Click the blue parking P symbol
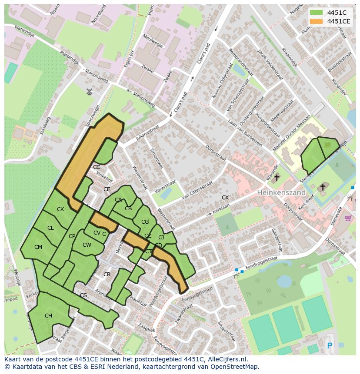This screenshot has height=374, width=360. point(329,345)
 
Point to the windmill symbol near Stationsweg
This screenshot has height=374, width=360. point(90,92)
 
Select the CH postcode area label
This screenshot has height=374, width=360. point(48,316)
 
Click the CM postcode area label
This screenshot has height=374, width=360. point(38,247)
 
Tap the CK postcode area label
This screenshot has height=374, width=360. point(60,209)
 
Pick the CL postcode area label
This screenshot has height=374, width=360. point(50,228)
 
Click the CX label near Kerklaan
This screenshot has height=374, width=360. point(225,198)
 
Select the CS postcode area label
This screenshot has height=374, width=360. point(83,295)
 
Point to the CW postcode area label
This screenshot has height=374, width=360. point(87,245)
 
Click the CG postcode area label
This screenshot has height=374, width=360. point(145,222)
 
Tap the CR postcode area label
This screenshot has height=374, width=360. point(107,275)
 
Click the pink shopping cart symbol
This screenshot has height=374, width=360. point(348,218)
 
